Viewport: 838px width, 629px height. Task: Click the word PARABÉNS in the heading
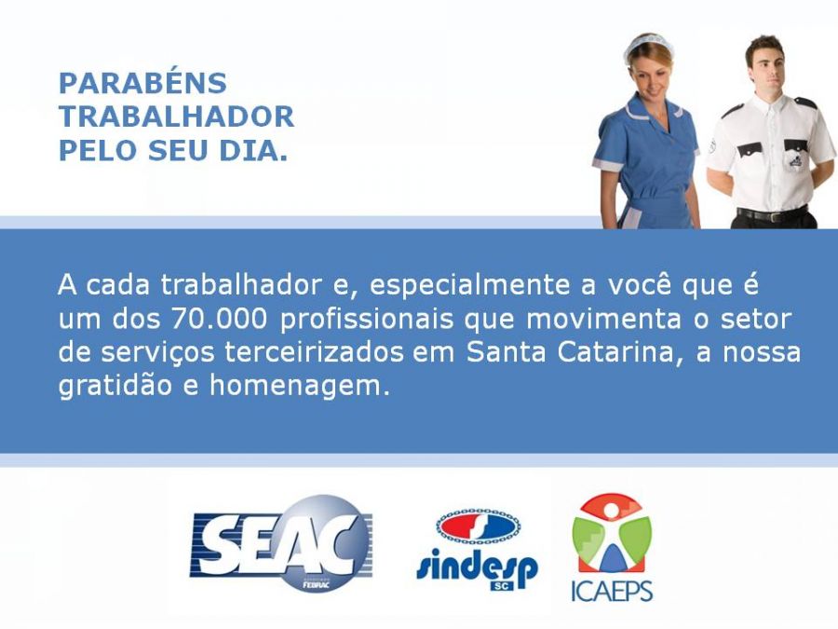142,83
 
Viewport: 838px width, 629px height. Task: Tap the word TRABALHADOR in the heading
176,116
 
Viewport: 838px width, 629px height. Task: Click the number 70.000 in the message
219,319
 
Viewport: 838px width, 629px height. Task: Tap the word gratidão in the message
115,386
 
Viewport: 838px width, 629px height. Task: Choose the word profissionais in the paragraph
367,320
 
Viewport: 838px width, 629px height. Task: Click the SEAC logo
281,542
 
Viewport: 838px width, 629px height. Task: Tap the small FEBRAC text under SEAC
316,584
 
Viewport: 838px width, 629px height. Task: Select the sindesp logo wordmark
477,567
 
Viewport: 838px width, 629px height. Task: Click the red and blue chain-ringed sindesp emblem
479,526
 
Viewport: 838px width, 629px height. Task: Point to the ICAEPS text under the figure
612,591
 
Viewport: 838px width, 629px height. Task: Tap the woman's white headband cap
648,44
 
